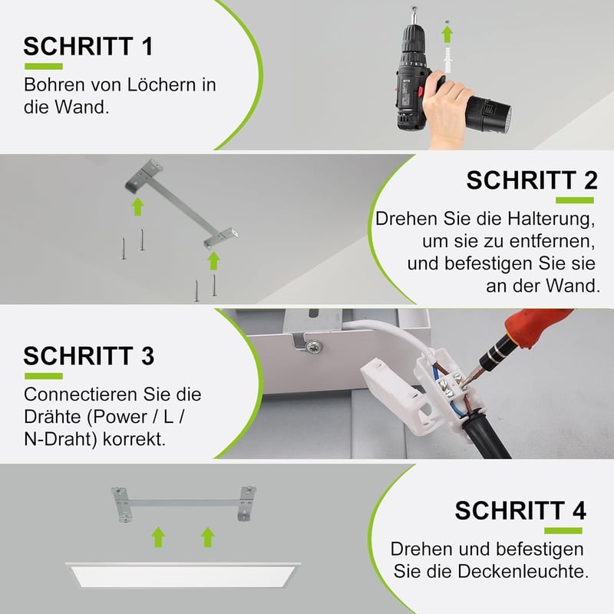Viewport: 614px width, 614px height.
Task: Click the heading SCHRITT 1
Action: (x=88, y=46)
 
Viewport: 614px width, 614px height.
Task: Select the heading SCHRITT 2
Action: (x=532, y=180)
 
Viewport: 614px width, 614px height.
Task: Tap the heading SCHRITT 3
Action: (x=89, y=356)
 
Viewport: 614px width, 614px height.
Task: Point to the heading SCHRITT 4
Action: (x=520, y=510)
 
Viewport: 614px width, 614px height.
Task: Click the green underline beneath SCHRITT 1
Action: (x=44, y=67)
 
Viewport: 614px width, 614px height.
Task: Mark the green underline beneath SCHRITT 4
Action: (x=563, y=531)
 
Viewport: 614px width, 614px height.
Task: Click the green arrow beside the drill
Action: (x=447, y=35)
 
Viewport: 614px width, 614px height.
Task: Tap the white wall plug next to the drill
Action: (x=448, y=59)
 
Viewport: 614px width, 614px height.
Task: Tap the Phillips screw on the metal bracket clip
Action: (x=314, y=346)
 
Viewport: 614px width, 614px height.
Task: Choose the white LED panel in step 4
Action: (x=183, y=575)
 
